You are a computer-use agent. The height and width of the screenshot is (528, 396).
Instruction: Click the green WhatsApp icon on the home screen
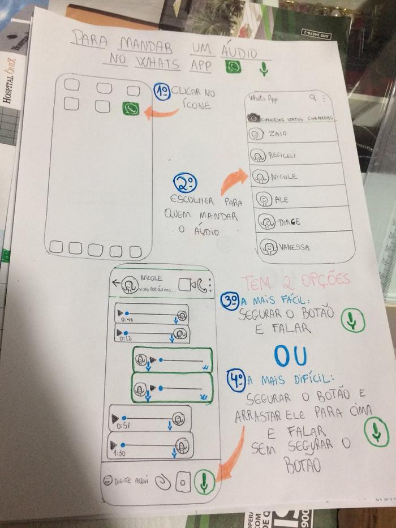131,109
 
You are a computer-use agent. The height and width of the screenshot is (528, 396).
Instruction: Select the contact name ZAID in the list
278,134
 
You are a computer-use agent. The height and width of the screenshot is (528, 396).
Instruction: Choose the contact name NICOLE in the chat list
283,177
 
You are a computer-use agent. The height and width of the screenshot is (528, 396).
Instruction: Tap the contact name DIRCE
289,222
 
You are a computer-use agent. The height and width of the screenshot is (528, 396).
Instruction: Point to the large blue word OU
290,355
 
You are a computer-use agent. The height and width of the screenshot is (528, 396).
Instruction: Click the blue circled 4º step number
236,379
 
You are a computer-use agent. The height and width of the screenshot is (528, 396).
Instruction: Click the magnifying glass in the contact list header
312,98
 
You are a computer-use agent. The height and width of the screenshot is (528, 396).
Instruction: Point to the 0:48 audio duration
126,319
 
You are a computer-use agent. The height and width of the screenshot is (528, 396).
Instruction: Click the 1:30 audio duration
119,453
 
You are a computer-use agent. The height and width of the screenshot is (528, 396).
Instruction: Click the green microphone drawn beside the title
263,68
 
